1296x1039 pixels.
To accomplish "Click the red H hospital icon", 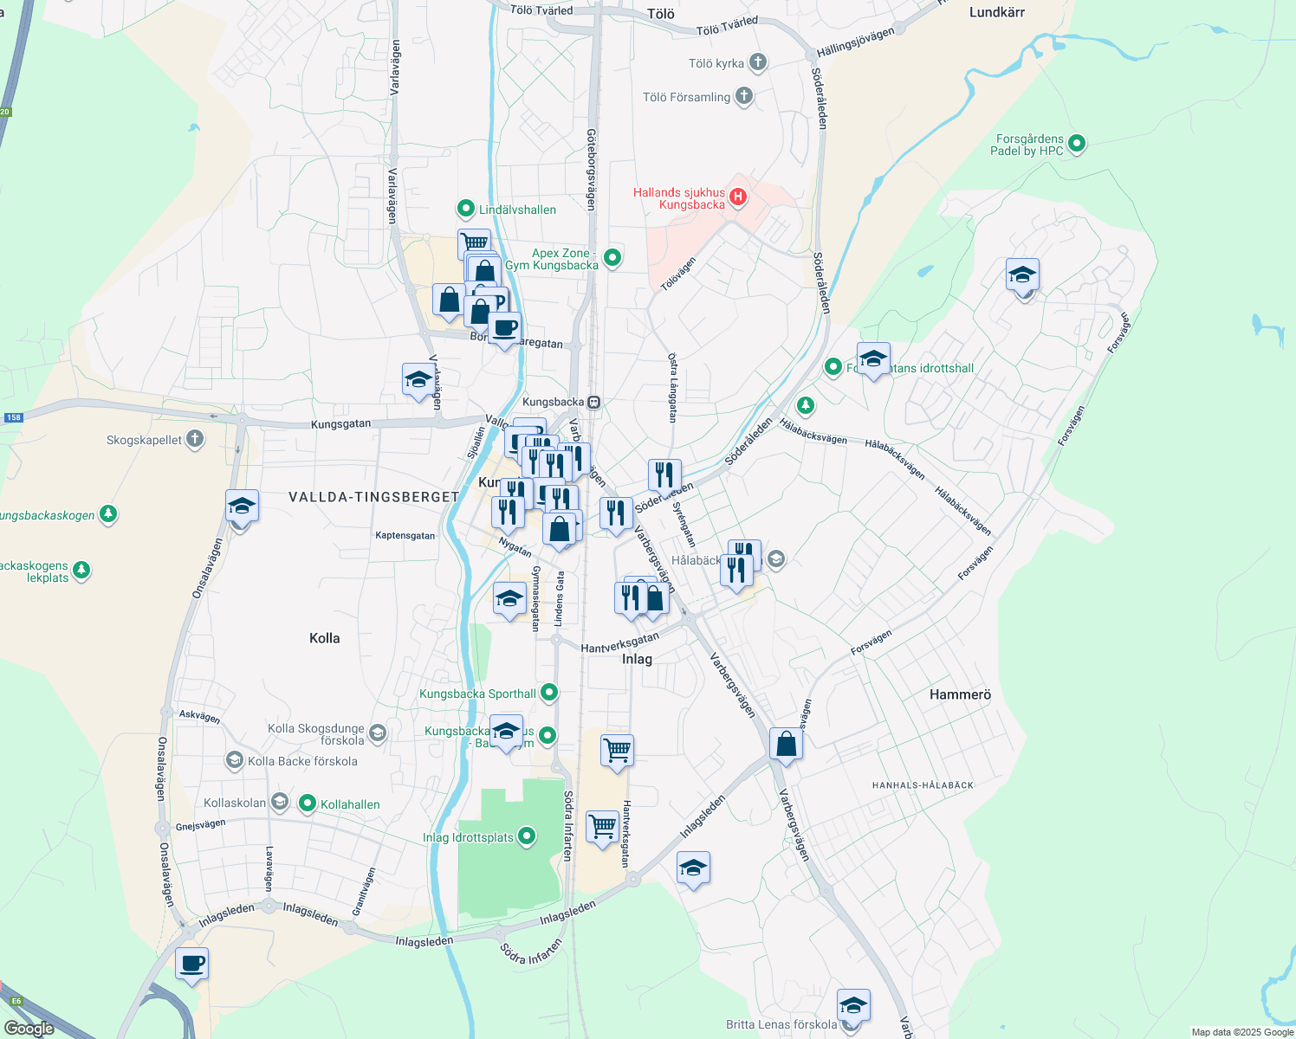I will click(x=738, y=197).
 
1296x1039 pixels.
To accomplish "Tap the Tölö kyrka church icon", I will click(x=758, y=61).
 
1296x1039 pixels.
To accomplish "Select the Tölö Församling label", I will click(x=686, y=97).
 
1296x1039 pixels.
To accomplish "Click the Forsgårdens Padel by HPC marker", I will click(x=1077, y=144).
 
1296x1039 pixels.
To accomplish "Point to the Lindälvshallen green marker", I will click(x=466, y=209).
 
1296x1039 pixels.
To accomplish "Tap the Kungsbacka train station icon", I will click(x=594, y=402).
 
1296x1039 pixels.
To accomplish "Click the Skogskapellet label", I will click(x=145, y=440).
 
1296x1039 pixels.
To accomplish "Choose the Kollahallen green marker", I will click(x=307, y=803).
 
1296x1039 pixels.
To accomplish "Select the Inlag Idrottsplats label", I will click(x=469, y=837).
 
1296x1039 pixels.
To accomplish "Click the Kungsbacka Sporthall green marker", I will click(x=548, y=693).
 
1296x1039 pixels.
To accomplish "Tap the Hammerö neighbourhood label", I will click(x=960, y=694).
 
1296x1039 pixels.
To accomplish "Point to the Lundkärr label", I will click(x=996, y=12).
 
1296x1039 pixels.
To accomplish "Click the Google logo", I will click(x=29, y=1029).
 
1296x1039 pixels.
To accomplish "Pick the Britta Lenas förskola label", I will click(x=781, y=1024).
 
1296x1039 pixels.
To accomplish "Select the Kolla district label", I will click(x=325, y=638).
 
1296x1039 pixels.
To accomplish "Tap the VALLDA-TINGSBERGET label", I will click(x=373, y=497).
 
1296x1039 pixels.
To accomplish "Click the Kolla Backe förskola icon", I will click(x=234, y=760).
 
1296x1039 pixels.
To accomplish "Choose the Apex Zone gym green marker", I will click(x=612, y=257).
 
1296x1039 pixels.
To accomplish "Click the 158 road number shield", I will click(x=13, y=417).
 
